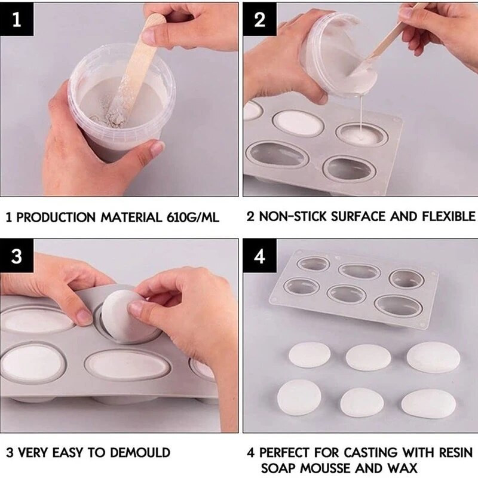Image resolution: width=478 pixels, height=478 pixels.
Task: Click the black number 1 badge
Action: coord(17,19)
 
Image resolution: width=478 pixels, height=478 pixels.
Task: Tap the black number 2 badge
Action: coord(260,19)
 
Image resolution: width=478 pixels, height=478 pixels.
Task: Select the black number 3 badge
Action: coord(17,256)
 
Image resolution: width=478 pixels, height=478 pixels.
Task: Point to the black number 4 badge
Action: coord(260,256)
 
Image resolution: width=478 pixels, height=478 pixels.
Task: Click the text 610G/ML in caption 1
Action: coord(193,217)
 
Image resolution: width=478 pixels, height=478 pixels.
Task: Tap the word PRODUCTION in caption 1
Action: coord(56,217)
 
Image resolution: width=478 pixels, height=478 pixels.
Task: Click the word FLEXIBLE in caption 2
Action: coord(449,216)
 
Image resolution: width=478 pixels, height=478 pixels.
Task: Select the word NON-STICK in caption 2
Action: coord(293,216)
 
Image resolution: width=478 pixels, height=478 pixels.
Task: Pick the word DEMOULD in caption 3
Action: coord(140,452)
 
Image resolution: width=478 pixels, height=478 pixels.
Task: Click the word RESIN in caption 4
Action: coord(456,452)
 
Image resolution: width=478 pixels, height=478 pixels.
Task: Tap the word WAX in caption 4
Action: coord(402,468)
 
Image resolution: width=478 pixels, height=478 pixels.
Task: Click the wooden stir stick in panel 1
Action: coord(134,70)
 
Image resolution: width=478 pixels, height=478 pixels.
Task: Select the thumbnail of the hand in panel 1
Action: coord(158,149)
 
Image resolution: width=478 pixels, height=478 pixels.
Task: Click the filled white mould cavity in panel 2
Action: coord(298,124)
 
